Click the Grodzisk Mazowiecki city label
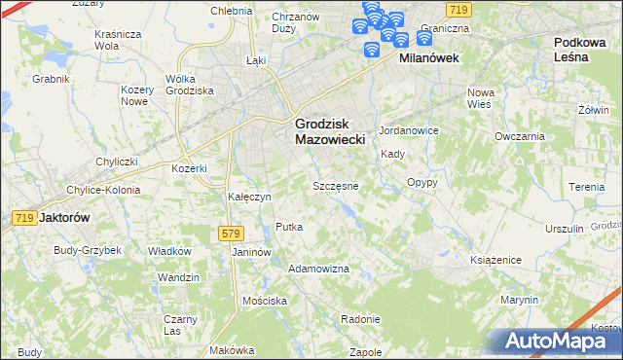click(x=329, y=131)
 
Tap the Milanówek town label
click(x=429, y=58)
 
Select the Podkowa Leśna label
click(x=584, y=50)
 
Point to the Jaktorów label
click(x=63, y=218)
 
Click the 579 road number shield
click(x=230, y=234)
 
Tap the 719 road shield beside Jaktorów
click(x=25, y=219)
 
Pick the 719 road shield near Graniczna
click(x=460, y=9)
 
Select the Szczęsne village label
click(x=336, y=185)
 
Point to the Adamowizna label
click(x=319, y=268)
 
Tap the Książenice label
click(x=496, y=261)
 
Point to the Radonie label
click(x=360, y=319)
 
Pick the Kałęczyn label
click(x=247, y=197)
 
